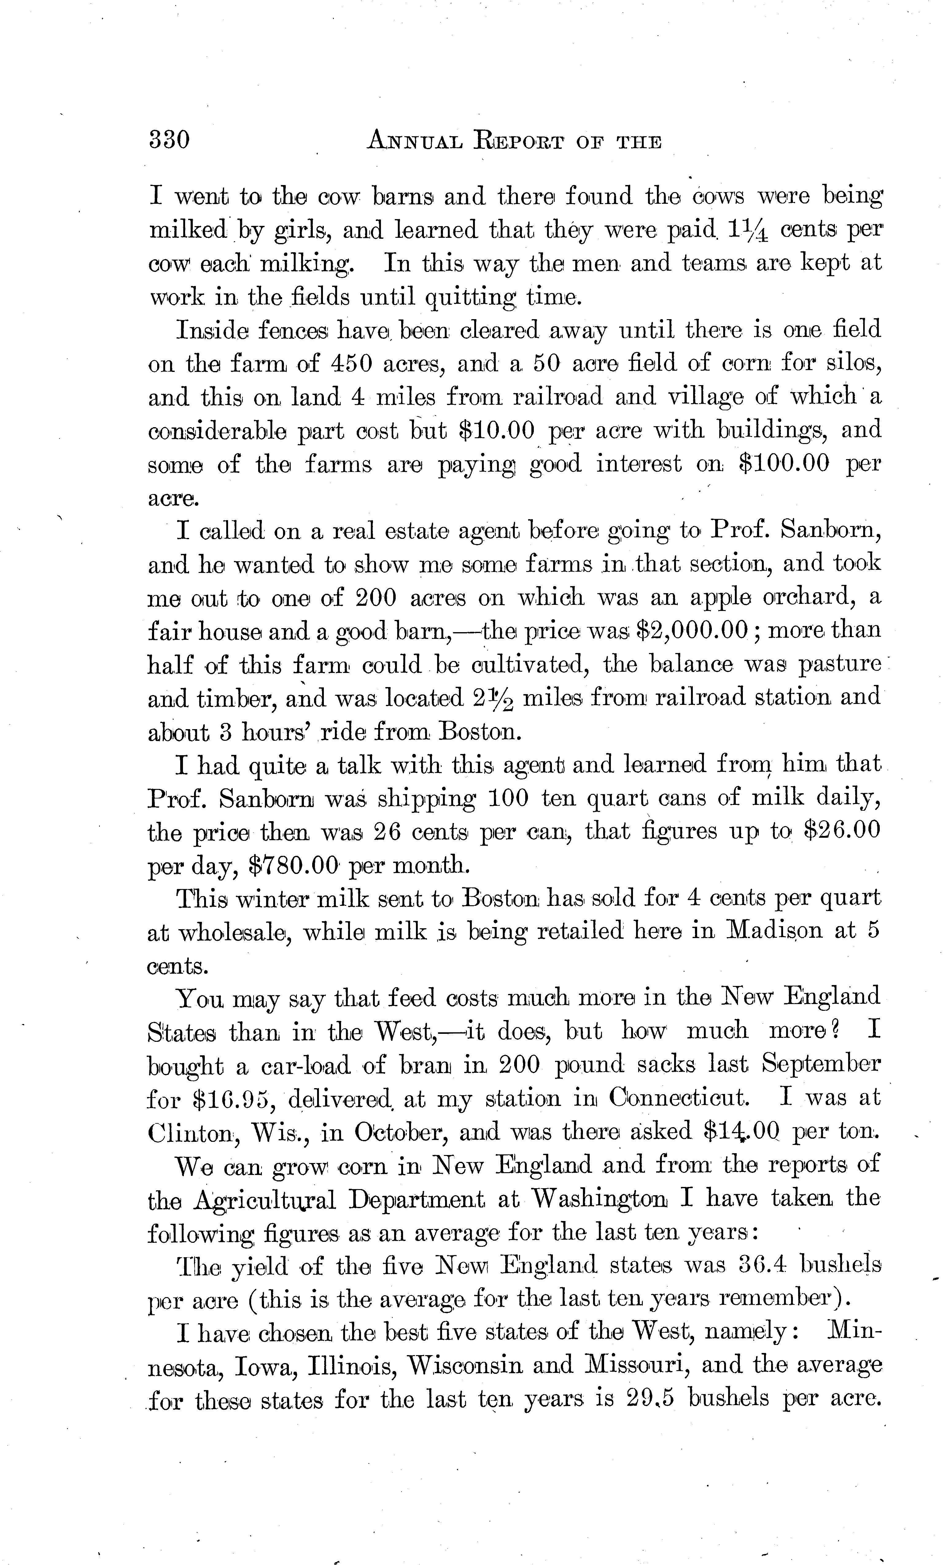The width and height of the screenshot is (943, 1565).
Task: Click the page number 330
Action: [x=169, y=139]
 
